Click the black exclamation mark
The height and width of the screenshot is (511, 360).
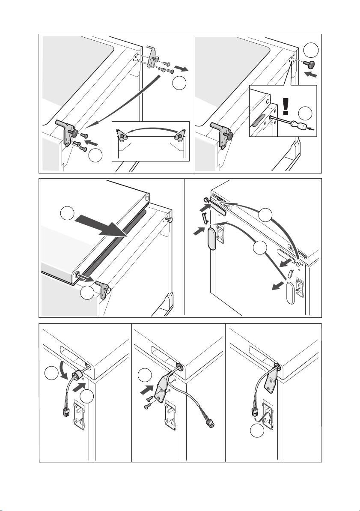coord(285,104)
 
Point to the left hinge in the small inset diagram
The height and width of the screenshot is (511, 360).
coord(122,136)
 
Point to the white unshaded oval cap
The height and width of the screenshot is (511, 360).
coord(290,296)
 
